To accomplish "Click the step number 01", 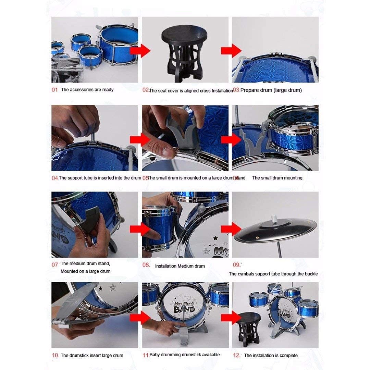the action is (x=54, y=90).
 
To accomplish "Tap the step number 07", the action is (x=54, y=265).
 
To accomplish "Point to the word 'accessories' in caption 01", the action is (x=82, y=90).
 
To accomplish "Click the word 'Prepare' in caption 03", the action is (x=249, y=90).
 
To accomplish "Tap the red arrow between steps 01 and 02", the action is (x=140, y=50).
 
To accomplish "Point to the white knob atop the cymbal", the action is (x=274, y=218).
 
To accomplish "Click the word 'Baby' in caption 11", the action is (x=154, y=355).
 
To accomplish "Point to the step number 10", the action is (x=55, y=355).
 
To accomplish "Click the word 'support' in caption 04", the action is (x=75, y=178).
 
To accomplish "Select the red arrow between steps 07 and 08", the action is (x=140, y=229).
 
